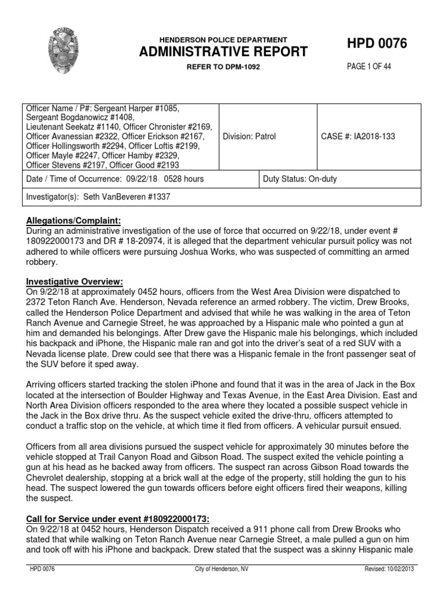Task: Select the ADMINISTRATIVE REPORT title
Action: (223, 52)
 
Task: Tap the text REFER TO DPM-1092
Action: (223, 67)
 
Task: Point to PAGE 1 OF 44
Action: (369, 66)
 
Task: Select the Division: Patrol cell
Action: (249, 136)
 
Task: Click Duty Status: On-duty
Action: (300, 179)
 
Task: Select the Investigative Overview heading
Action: (75, 281)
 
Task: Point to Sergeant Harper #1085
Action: (139, 108)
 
